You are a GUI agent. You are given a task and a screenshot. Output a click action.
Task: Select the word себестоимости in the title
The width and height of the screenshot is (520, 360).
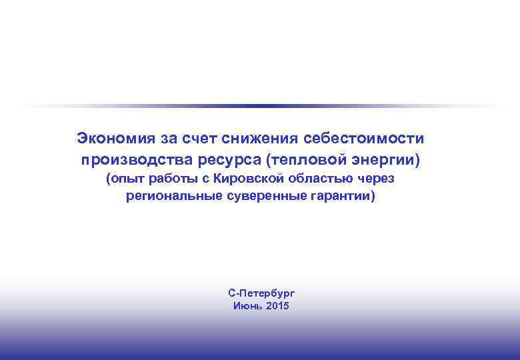[x=363, y=139]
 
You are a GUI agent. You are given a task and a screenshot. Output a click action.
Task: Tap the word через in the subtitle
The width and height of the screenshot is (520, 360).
[x=376, y=179]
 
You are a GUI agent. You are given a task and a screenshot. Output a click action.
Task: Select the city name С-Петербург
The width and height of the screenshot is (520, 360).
[x=261, y=293]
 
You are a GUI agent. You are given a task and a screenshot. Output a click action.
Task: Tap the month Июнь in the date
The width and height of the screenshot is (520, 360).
[x=247, y=306]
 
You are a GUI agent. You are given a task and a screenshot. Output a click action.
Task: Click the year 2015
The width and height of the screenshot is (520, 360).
[x=277, y=306]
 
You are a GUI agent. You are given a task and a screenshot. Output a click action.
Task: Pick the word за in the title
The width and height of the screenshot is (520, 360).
[x=167, y=139]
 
